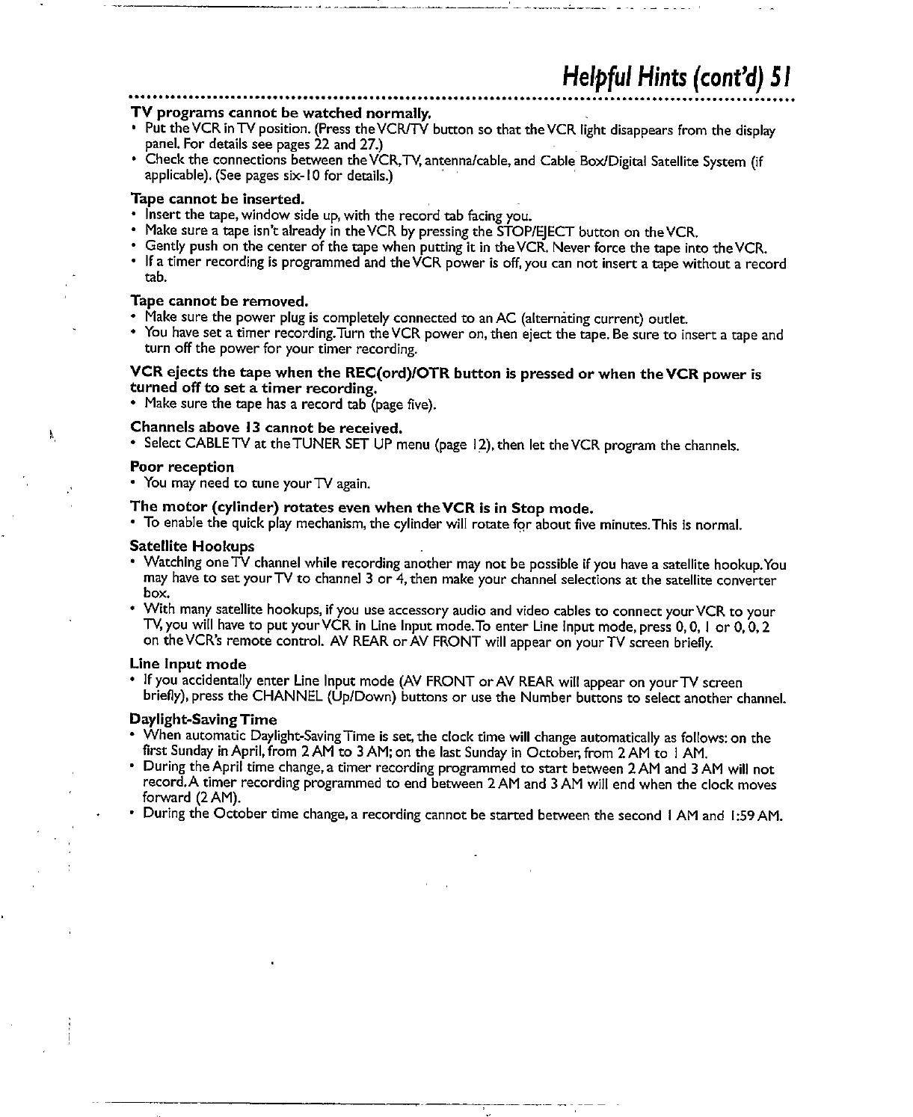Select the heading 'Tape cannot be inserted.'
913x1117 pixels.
(218, 199)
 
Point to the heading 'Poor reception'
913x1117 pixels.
(182, 467)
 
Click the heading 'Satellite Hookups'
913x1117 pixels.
(191, 546)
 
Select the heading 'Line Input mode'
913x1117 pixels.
(188, 664)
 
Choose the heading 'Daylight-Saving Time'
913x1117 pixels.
(203, 719)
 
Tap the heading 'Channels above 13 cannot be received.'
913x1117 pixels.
(267, 428)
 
